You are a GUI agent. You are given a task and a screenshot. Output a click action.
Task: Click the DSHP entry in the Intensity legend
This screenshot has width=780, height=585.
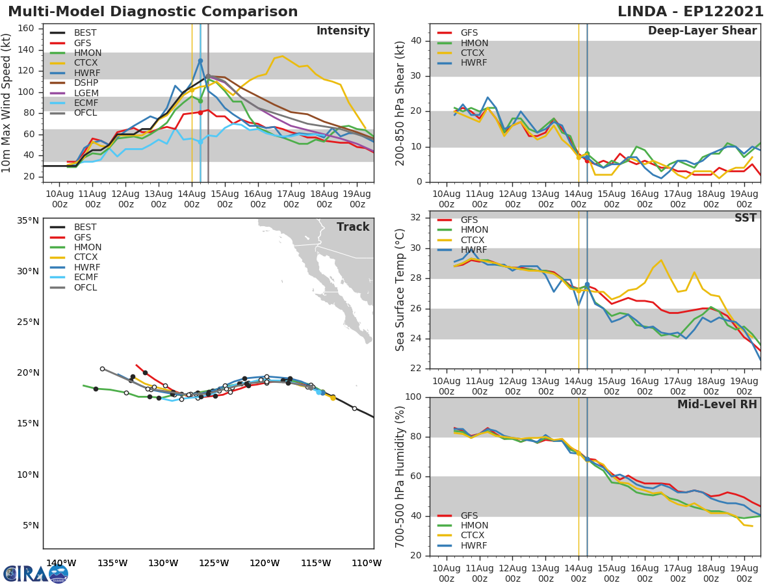pos(85,83)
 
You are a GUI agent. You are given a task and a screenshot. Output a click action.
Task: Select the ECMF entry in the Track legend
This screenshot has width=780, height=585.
pos(85,278)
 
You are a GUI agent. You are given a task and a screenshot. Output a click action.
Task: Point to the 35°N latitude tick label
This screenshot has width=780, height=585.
pos(27,220)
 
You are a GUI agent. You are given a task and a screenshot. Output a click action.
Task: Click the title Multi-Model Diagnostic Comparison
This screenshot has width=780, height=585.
pos(153,12)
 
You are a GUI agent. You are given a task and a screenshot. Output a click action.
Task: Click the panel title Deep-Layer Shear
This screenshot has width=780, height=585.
pos(702,31)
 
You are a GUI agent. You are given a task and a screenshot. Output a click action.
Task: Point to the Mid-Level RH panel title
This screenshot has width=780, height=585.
pos(717,404)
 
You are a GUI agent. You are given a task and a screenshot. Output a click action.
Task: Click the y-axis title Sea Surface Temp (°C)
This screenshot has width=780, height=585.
pos(401,290)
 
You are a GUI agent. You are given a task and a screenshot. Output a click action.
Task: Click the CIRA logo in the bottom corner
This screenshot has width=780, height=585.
pos(36,573)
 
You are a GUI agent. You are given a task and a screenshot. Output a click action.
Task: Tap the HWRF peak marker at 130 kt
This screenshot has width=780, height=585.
pos(200,60)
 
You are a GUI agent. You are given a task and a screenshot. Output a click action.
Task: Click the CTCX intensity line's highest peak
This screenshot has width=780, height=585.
pos(282,56)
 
